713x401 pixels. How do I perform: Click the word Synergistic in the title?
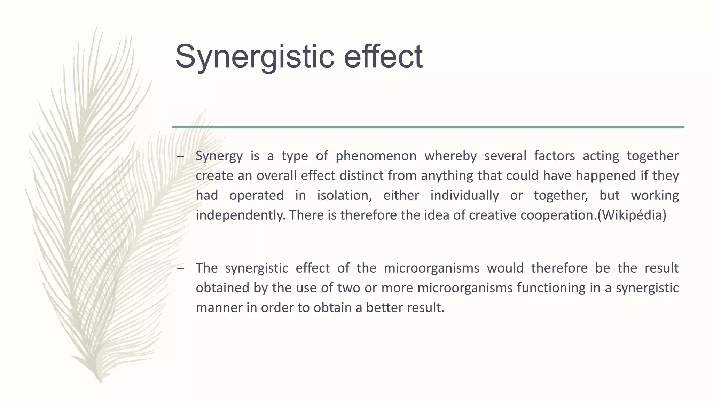point(255,56)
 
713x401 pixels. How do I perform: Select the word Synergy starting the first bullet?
point(219,156)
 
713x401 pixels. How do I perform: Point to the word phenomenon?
point(376,156)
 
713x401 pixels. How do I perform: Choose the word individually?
point(464,196)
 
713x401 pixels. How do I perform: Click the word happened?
point(606,176)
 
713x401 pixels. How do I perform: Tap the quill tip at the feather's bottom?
point(101,381)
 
